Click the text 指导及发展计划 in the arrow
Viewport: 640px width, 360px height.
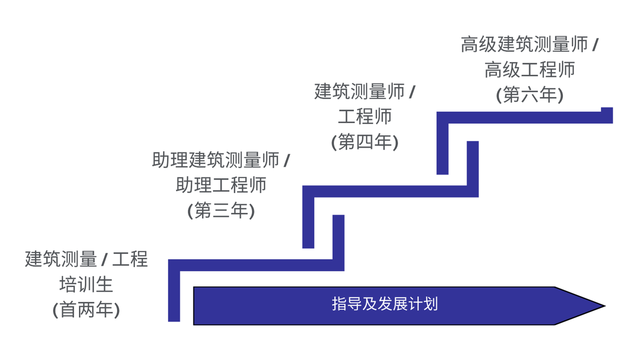385,304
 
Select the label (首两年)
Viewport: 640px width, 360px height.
86,310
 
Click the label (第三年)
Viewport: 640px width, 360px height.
221,211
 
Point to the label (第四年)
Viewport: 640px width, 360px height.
365,142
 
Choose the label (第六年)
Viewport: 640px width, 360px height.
530,95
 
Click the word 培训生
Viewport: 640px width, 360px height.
86,285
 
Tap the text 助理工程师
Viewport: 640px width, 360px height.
221,185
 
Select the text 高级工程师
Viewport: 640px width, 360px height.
530,70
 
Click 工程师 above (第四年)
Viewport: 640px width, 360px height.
365,117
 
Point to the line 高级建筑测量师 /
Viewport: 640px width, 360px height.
530,45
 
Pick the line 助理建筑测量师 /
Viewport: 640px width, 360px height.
221,160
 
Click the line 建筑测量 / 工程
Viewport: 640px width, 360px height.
86,260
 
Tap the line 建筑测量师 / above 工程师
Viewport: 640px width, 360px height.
365,92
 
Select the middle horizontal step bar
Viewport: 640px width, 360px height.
391,191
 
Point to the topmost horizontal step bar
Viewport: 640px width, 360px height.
523,117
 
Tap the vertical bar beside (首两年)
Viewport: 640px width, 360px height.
174,295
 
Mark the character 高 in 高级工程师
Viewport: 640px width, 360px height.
493,70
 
